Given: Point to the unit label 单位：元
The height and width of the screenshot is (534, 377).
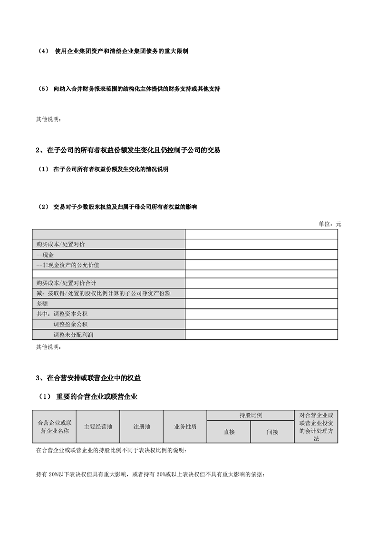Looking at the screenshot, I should [x=329, y=224].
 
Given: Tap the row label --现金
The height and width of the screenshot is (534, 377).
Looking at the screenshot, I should [x=45, y=255].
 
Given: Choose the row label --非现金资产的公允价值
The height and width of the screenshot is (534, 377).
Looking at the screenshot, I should [x=67, y=264].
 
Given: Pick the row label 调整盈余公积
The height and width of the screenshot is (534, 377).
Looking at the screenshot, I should [x=70, y=324].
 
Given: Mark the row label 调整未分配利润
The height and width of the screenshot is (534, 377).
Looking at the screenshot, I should [x=73, y=335].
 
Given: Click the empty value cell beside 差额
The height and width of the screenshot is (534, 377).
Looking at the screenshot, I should [x=261, y=303].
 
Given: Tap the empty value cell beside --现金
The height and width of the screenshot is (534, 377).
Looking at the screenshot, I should [x=261, y=255].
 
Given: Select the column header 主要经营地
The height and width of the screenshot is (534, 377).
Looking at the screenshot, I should [x=98, y=426].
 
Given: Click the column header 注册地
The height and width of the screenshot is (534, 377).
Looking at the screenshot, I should [x=142, y=426].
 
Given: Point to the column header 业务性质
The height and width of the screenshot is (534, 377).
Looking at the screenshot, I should [x=185, y=426].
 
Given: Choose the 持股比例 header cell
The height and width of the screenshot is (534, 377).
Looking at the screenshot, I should [x=251, y=415].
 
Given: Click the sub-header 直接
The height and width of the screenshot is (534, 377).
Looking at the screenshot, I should [x=229, y=432].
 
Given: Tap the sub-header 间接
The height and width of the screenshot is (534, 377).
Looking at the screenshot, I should [x=272, y=432].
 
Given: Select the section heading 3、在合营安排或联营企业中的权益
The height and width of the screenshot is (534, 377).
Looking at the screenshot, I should [x=88, y=378].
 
